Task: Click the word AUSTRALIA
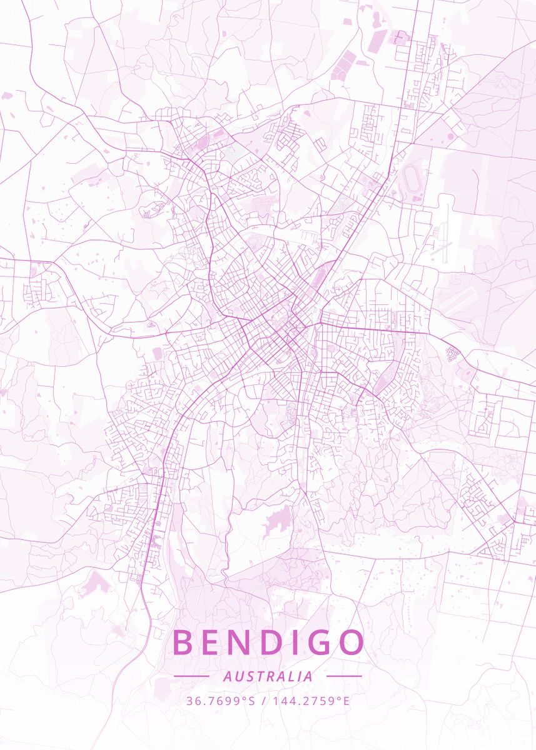point(268,676)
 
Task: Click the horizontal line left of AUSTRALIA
point(191,676)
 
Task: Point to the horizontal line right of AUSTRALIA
point(344,676)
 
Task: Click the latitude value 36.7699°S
point(221,701)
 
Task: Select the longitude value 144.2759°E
point(310,701)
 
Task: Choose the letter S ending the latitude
point(252,701)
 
